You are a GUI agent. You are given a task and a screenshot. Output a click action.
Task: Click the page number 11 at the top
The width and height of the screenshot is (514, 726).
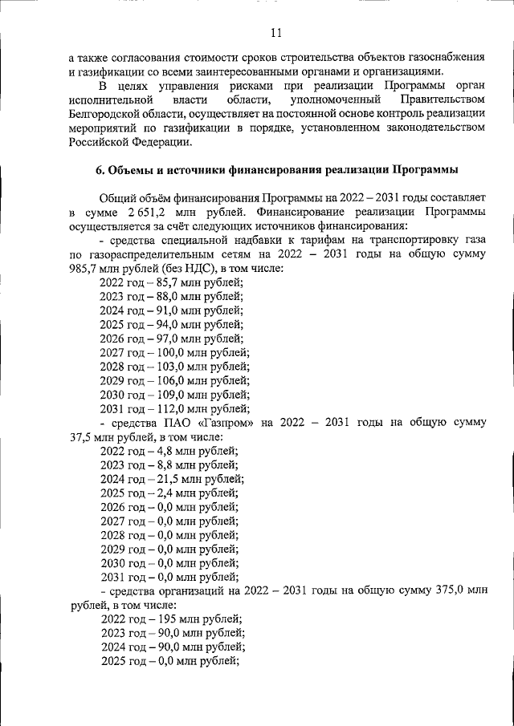pos(276,33)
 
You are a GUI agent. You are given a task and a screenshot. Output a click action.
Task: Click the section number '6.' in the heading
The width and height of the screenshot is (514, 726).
pos(100,170)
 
